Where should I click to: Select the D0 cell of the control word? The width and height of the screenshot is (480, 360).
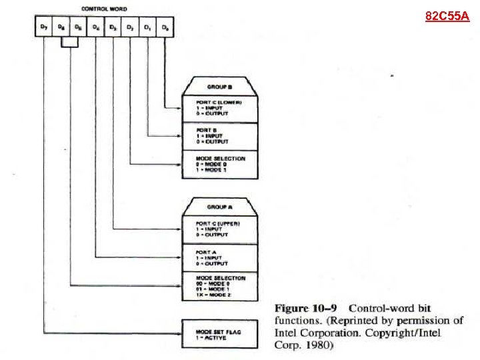coord(165,28)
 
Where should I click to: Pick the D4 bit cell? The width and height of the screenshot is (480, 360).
coord(96,28)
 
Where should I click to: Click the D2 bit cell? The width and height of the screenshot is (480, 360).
coord(131,28)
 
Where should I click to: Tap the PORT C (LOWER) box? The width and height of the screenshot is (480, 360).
coord(219,108)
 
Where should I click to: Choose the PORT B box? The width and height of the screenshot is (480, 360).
coord(219,137)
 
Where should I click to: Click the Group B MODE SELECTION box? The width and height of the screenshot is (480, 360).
coord(219,165)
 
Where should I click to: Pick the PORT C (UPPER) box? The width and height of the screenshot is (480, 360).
coord(219,229)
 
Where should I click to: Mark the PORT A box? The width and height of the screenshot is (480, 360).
coord(219,257)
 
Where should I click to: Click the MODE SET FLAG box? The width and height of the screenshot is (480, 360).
coord(219,333)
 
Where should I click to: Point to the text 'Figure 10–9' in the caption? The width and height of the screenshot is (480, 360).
coord(307,308)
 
